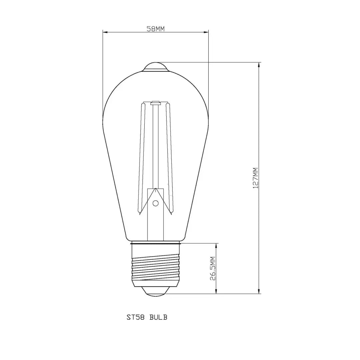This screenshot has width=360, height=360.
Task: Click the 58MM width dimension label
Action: tap(156, 29)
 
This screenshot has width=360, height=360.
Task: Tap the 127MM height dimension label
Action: tap(256, 178)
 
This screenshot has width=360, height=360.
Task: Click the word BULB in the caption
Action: tap(158, 317)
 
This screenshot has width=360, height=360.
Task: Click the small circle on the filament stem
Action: tap(155, 203)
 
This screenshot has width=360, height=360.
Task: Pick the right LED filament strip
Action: tap(169, 157)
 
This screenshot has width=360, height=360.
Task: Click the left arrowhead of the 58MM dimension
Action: tap(105, 32)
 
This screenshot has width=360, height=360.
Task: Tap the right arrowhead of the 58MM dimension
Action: tap(206, 32)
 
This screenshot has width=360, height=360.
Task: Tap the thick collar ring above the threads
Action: tap(156, 244)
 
